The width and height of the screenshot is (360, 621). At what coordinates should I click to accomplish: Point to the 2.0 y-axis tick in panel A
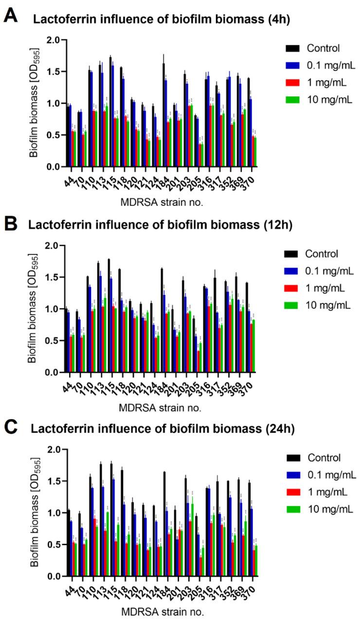tap(50, 40)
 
